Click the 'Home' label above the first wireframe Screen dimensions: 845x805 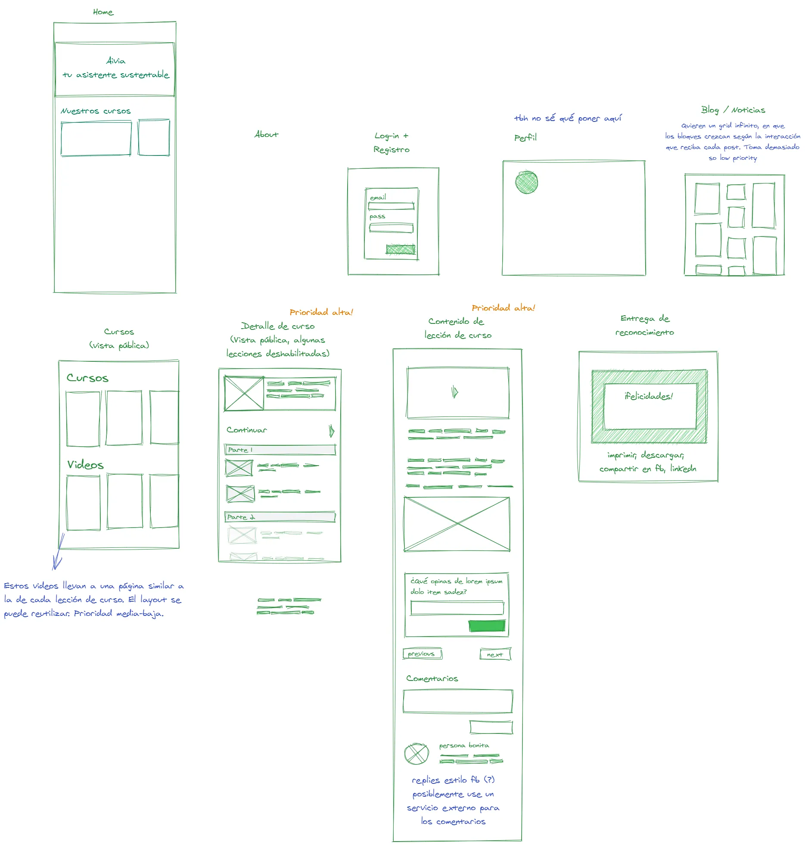103,12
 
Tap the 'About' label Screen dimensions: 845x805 266,134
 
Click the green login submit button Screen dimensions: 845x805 401,249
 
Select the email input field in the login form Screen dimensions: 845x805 391,206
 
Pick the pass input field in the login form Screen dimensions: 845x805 391,228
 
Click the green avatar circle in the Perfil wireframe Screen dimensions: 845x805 526,182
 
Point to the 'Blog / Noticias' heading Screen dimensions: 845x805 733,110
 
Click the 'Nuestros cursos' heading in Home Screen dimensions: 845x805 96,111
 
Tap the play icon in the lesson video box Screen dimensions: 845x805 455,392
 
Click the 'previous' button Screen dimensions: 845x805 422,654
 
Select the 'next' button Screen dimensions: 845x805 495,655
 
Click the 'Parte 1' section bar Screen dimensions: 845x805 280,450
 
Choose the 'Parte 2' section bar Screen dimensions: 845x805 280,517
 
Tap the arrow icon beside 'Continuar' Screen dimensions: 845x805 331,431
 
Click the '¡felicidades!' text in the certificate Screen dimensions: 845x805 649,396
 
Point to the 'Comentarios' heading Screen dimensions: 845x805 432,679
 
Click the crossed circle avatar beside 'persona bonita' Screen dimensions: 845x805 416,754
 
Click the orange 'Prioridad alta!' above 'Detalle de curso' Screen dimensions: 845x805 321,312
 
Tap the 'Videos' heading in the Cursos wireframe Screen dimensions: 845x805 85,465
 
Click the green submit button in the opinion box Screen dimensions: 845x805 487,626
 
